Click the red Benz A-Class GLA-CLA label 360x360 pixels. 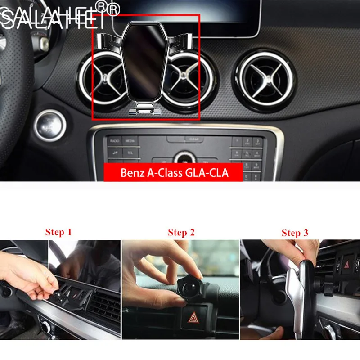(174, 173)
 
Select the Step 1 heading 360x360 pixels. (58, 232)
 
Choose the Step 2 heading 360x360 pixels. (181, 233)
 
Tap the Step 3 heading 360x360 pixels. (295, 233)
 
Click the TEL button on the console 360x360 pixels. (130, 153)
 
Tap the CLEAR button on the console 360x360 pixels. (194, 139)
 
